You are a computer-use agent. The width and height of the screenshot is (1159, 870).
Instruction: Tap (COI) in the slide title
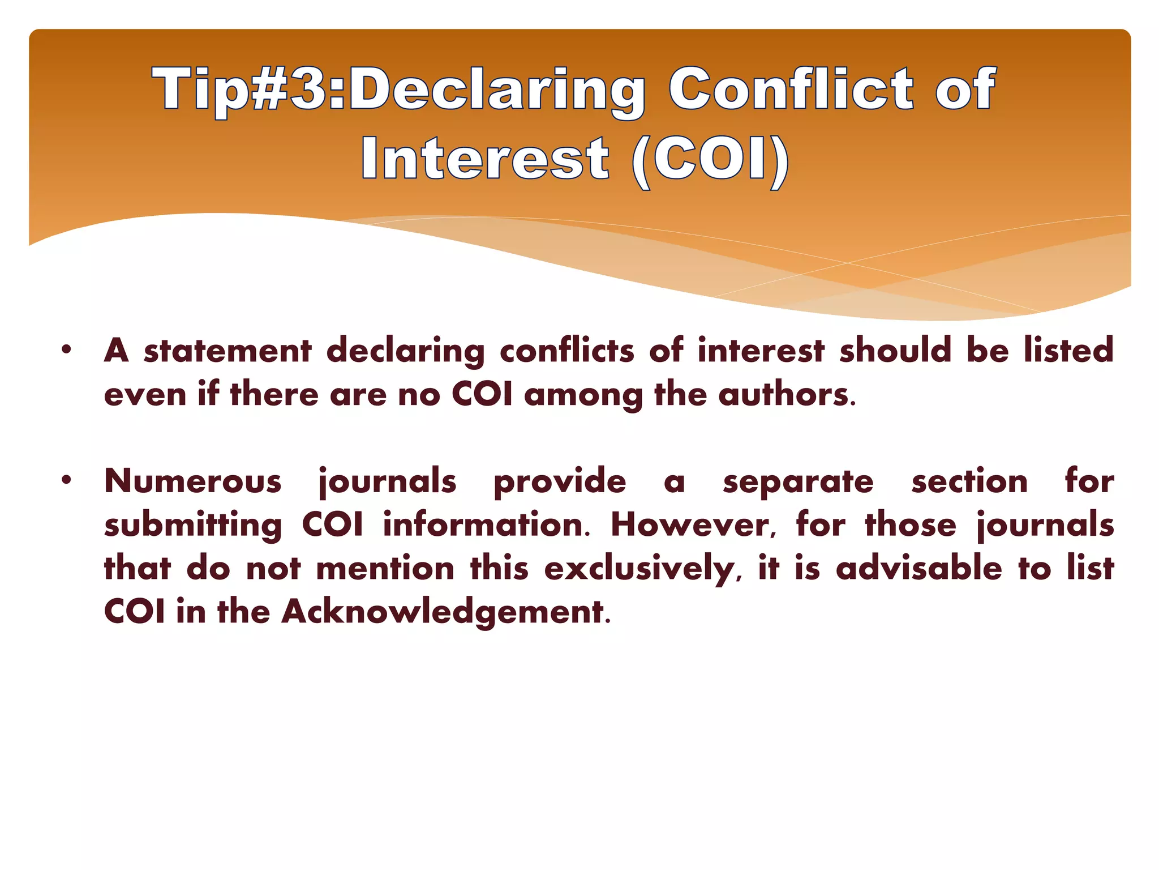pos(710,159)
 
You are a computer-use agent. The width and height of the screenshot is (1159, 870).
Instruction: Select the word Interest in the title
pos(486,159)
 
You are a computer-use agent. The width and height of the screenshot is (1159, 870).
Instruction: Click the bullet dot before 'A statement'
pos(67,349)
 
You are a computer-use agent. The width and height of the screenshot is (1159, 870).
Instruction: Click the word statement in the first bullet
pos(227,351)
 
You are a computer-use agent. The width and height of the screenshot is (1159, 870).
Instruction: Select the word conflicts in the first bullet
pos(567,351)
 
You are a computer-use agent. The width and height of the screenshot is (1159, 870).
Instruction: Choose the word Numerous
pos(193,481)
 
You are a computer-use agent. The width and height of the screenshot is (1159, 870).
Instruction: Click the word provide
pos(560,483)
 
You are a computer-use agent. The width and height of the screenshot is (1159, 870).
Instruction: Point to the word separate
pos(798,483)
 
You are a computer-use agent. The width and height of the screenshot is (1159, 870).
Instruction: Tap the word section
pos(969,481)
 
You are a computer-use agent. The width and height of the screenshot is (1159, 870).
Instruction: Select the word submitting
pos(193,526)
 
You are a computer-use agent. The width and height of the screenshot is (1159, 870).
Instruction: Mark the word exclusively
pos(639,569)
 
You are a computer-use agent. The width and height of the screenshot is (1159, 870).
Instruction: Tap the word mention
pos(385,569)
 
